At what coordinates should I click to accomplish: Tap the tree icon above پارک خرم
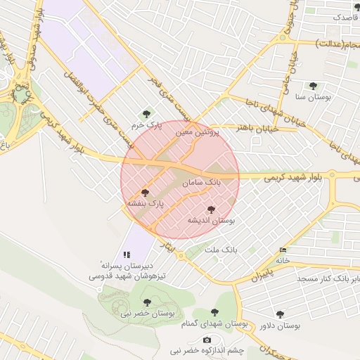(147, 114)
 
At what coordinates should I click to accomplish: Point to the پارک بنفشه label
(145, 202)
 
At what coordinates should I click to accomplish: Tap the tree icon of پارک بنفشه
(146, 192)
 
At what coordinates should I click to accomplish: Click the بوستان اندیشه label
(211, 220)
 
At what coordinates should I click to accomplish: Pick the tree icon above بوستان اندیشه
(211, 209)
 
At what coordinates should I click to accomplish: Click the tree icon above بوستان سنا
(313, 86)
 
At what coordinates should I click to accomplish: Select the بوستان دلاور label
(279, 326)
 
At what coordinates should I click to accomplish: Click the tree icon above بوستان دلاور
(280, 314)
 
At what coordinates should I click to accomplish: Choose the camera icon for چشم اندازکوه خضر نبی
(207, 340)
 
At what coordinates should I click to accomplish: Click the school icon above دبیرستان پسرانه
(127, 255)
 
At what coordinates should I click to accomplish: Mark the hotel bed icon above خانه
(283, 250)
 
